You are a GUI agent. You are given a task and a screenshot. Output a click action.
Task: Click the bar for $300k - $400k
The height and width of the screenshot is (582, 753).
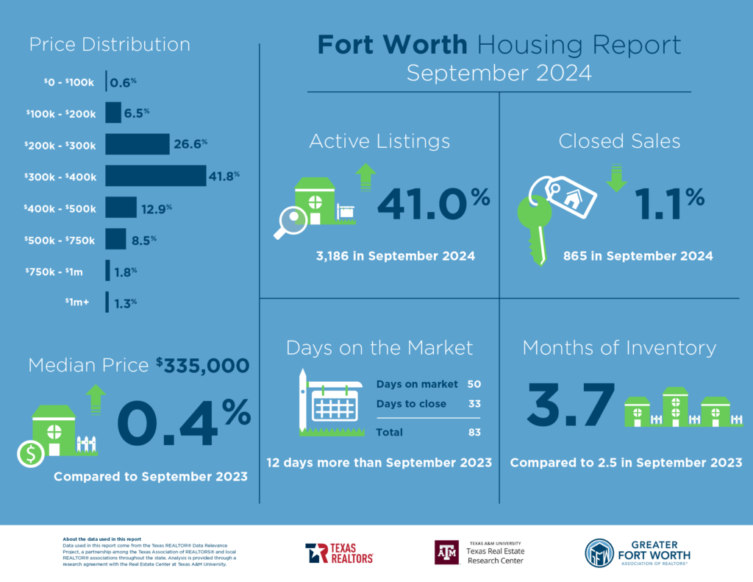point(155,176)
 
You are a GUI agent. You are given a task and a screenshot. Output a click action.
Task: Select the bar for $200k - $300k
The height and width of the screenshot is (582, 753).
point(137,144)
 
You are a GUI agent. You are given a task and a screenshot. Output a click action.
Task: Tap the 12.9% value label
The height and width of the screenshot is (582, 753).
point(156,209)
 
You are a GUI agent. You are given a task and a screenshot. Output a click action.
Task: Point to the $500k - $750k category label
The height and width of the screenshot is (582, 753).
point(60,240)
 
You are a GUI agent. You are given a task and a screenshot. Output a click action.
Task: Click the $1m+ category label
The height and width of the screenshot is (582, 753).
point(76,302)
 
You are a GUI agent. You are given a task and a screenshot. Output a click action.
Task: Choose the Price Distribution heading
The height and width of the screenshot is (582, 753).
point(110,44)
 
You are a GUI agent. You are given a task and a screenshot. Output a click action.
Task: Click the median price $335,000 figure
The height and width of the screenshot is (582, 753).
point(202,365)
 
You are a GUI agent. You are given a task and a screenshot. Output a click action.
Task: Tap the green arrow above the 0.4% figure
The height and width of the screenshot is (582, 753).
point(95,400)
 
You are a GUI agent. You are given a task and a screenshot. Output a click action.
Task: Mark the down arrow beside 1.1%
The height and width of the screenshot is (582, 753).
point(616,178)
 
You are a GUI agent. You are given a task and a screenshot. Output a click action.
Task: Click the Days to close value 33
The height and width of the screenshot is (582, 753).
point(476,404)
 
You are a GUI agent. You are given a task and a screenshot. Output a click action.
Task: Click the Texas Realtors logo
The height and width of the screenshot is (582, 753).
point(339,553)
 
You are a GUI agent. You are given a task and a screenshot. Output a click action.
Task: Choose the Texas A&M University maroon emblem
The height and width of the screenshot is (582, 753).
point(446,553)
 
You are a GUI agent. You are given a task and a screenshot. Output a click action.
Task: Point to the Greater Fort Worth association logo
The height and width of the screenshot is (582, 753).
point(637,553)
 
